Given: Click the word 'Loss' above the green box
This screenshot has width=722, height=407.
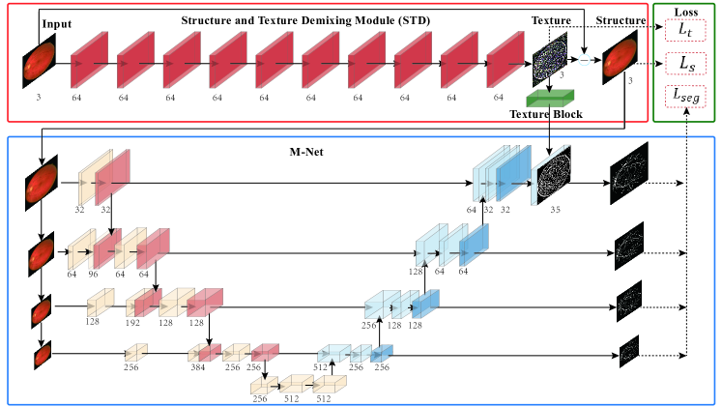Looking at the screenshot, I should (x=686, y=11).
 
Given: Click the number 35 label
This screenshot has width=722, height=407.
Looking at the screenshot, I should (x=555, y=207).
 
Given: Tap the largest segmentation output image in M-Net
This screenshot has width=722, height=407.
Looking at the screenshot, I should (x=629, y=177).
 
